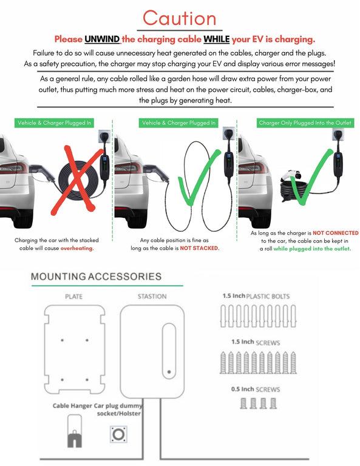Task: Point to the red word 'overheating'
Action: tap(76, 248)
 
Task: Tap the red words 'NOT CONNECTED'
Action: tap(335, 233)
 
